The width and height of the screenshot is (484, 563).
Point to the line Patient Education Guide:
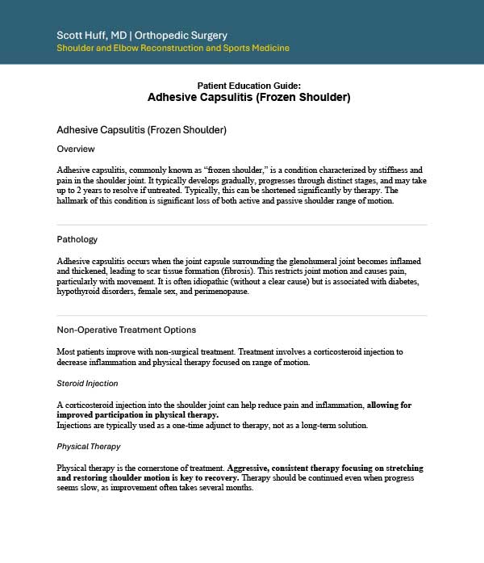coord(248,86)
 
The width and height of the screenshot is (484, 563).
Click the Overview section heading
coord(75,149)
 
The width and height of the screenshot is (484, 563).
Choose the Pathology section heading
coord(77,240)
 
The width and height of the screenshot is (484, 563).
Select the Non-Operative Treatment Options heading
coord(126,330)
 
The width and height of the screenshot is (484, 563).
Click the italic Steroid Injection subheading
coord(87,384)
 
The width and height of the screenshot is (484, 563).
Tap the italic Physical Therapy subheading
coord(89,447)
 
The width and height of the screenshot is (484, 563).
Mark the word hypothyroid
coord(80,292)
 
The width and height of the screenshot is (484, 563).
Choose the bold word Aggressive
coord(252,468)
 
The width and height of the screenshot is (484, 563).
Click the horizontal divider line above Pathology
coord(242,225)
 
